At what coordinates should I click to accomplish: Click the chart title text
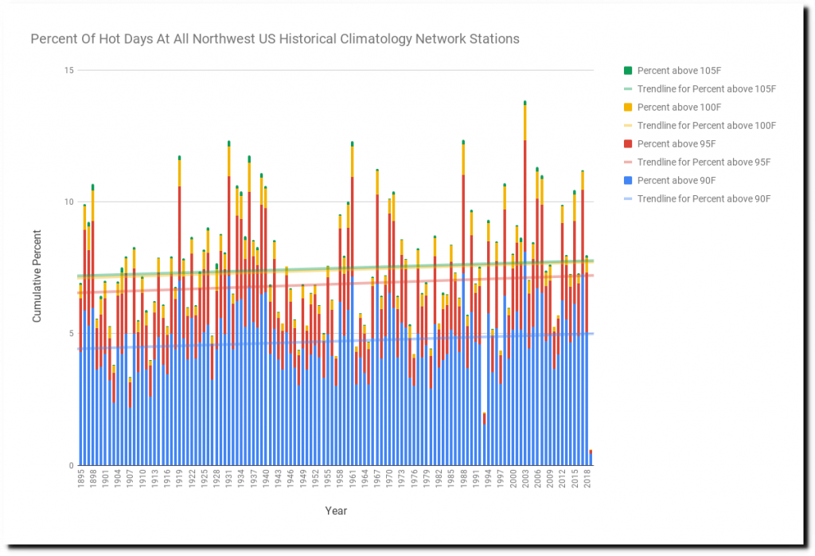pyautogui.click(x=275, y=38)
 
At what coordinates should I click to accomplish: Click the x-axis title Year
pyautogui.click(x=336, y=511)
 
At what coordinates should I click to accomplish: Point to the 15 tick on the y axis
pyautogui.click(x=68, y=70)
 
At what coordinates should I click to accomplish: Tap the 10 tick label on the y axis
pyautogui.click(x=68, y=202)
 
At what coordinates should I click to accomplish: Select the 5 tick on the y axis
pyautogui.click(x=71, y=334)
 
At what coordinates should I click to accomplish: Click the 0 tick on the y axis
pyautogui.click(x=71, y=465)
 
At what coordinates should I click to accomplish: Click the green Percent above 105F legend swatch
pyautogui.click(x=627, y=71)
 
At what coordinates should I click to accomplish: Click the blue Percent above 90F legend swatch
pyautogui.click(x=627, y=181)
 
